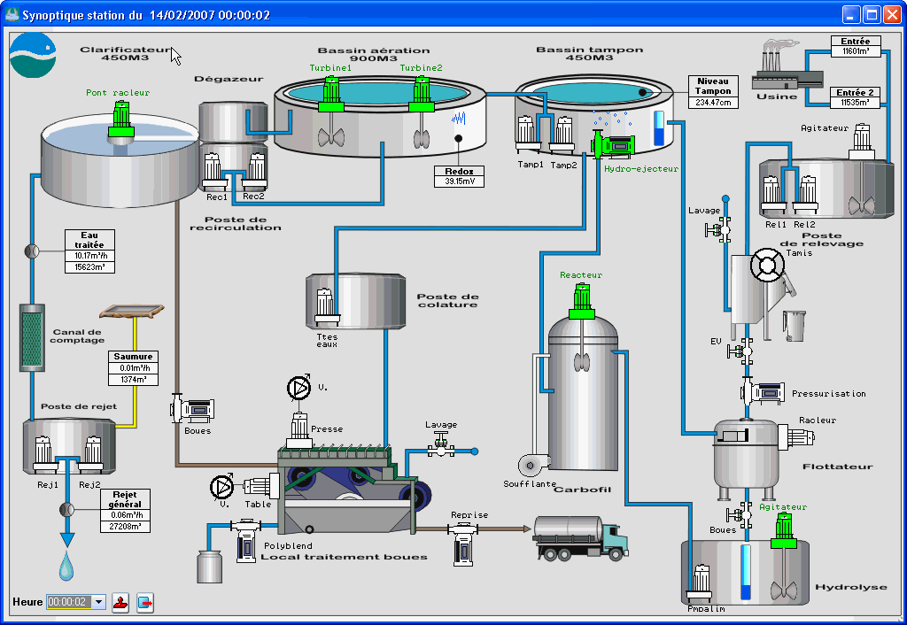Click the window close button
891,15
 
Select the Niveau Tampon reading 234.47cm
714,103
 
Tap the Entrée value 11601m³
856,52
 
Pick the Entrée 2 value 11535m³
856,103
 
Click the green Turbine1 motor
330,92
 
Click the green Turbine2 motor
421,92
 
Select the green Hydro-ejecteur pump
613,143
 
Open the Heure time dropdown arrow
98,602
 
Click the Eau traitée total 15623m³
89,266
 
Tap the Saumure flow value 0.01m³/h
133,367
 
